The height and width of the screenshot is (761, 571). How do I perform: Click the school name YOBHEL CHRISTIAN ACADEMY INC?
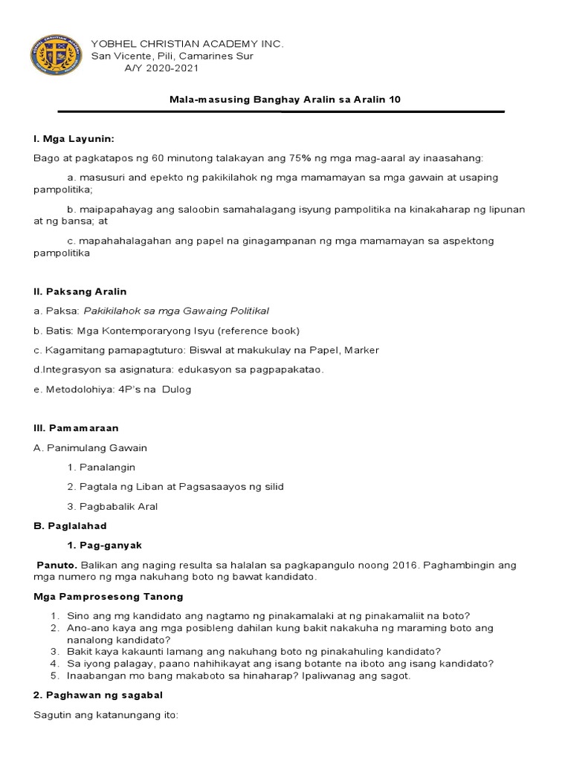[187, 44]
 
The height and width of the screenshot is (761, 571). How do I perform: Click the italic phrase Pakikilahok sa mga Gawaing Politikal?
[176, 311]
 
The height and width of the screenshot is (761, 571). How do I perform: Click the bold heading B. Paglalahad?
[71, 525]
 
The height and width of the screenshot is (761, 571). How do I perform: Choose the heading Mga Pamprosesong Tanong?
[109, 596]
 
